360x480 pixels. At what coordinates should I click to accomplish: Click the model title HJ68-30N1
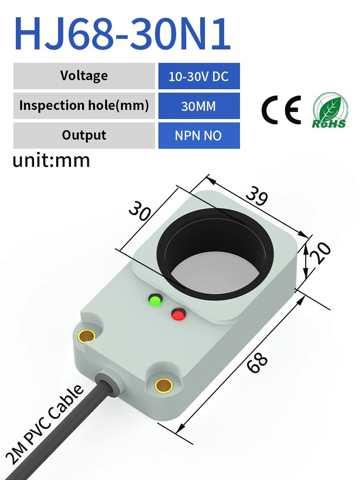[x=123, y=35]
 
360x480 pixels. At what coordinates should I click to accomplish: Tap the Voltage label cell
[x=84, y=76]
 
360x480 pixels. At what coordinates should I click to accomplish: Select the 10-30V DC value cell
[x=199, y=76]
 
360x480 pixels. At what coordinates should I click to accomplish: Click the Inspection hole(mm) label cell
[x=84, y=106]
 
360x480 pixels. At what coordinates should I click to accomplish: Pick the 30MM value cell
[x=199, y=106]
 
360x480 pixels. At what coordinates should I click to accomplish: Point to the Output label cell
[x=84, y=135]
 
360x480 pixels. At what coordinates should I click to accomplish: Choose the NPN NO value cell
[x=199, y=136]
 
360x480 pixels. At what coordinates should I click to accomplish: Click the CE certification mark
[x=281, y=110]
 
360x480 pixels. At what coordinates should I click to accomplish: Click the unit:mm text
[x=51, y=160]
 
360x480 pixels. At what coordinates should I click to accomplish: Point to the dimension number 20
[x=323, y=252]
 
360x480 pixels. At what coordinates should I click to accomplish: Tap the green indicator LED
[x=156, y=301]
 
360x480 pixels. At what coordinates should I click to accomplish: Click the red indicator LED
[x=179, y=314]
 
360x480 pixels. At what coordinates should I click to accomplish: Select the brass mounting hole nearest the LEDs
[x=87, y=336]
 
